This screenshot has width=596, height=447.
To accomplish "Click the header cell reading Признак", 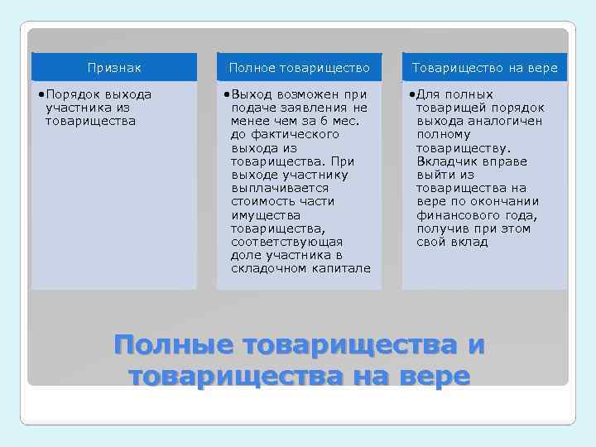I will tap(114, 68).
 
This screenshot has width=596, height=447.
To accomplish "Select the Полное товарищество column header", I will tap(299, 68).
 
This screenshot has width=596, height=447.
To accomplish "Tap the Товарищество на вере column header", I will tap(484, 68).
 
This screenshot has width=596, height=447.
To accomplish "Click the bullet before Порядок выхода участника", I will tap(41, 94).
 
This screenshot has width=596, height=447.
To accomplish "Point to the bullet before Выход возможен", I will tap(227, 94).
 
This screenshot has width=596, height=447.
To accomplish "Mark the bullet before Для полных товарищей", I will tap(412, 94).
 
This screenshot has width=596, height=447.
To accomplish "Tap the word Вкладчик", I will tap(445, 161).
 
